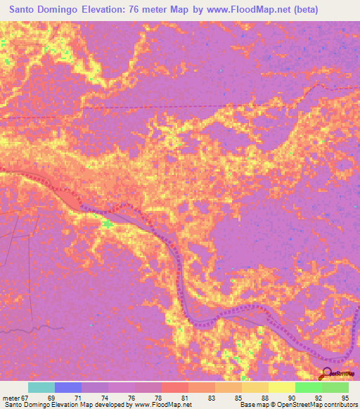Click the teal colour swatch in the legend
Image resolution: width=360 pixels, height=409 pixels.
pos(41,387)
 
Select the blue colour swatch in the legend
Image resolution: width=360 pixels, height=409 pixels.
pos(68,387)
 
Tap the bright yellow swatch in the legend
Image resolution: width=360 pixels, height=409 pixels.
pos(281,387)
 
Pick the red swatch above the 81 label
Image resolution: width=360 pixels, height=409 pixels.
pos(175,387)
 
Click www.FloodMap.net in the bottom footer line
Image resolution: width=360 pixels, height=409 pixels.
pos(161,405)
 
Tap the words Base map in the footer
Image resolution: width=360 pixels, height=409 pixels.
pos(252,405)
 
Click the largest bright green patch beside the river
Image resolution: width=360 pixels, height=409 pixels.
pos(106,224)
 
